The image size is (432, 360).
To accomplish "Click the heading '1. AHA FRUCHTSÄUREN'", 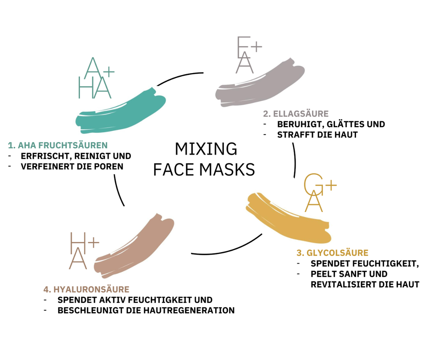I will (x=58, y=145).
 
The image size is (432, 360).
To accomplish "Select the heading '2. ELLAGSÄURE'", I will (x=296, y=114).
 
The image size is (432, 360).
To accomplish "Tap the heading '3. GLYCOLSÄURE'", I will (x=332, y=252).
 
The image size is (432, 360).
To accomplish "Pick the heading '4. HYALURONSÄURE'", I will (x=86, y=289).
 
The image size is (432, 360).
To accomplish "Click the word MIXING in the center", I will (x=206, y=149).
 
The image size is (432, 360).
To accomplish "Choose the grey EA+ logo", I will (x=248, y=54).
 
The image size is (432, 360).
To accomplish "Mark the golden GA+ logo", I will (x=319, y=193).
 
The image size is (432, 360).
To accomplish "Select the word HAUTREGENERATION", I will (x=193, y=310).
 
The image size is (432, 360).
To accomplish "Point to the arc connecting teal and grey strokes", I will (x=180, y=77).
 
